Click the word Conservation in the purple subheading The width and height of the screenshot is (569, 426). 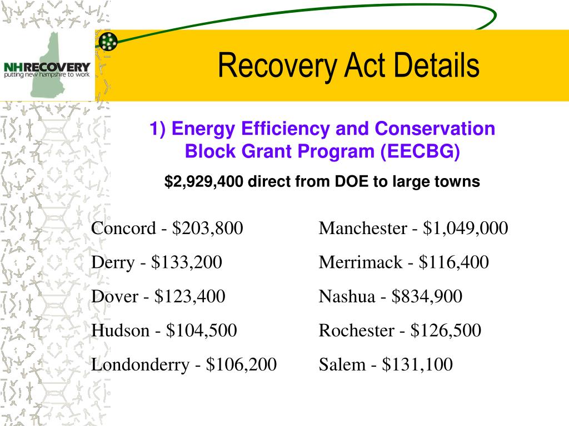coord(434,129)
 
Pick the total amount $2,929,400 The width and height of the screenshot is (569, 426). coord(204,182)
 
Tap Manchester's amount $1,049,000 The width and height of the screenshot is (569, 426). coord(466,228)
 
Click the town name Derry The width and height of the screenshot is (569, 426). coord(113,262)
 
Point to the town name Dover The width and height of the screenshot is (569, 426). coord(114,297)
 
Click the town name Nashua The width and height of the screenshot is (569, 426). coord(347,297)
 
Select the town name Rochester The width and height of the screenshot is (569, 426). coord(356,331)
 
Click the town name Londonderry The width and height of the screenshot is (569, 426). coord(140,365)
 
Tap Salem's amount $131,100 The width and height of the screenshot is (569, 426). coord(417,365)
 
